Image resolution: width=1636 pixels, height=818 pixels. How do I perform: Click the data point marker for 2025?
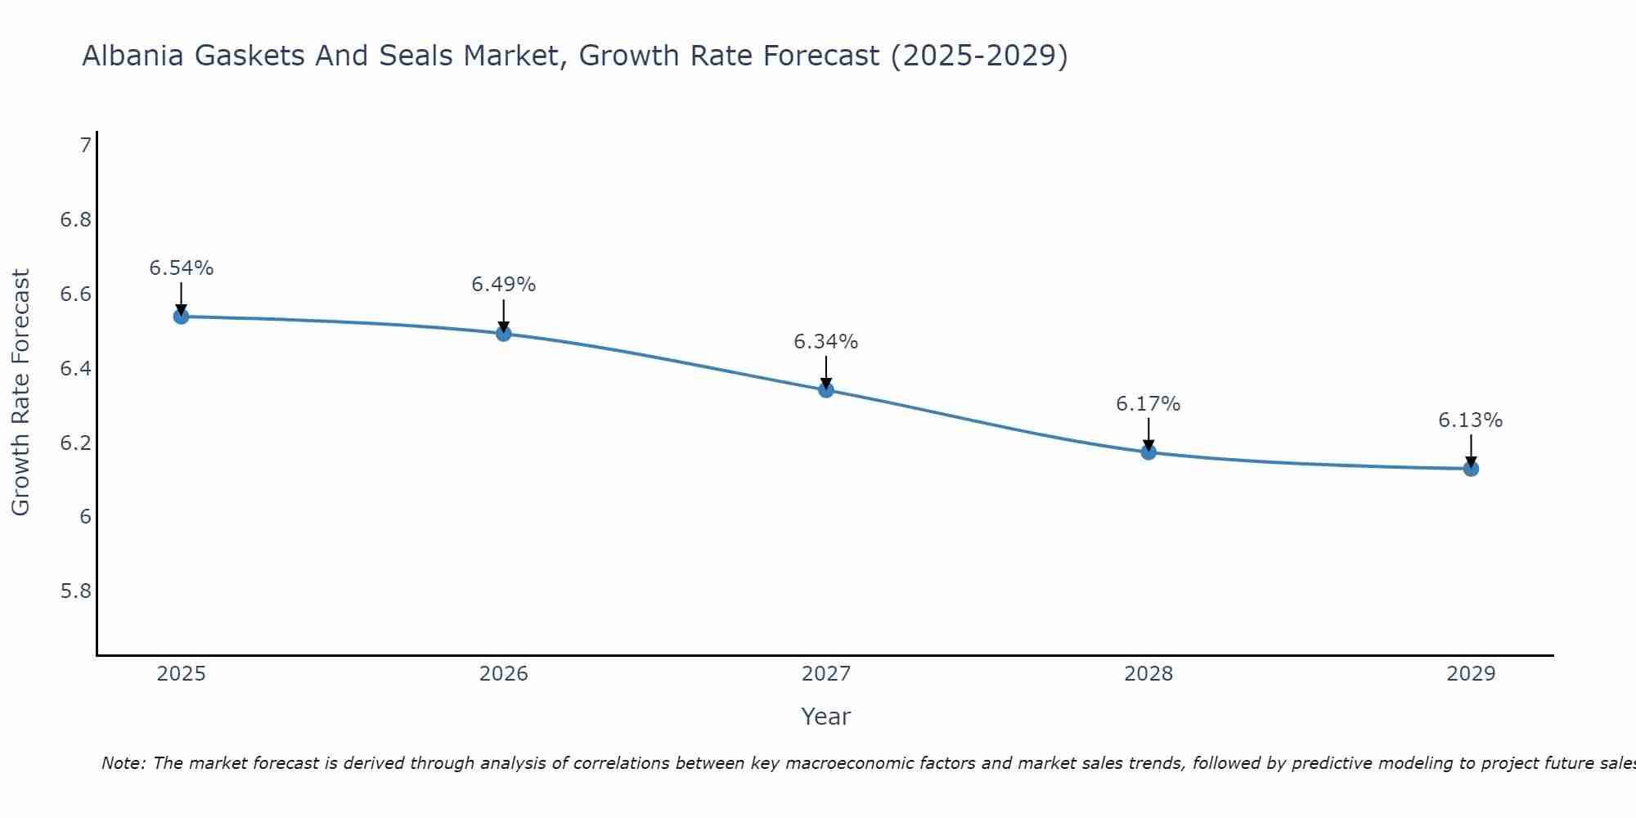181,317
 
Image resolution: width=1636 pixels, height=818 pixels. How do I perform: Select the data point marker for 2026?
503,334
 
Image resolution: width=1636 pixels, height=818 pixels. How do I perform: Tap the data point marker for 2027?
825,390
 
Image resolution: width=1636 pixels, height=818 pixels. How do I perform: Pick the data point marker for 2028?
1148,452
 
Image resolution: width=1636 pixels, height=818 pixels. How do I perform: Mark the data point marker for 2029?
1470,469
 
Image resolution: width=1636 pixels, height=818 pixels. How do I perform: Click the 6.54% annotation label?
181,268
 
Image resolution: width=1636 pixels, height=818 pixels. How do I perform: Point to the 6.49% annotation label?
503,285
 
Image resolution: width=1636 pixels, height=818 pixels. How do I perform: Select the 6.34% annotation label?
825,342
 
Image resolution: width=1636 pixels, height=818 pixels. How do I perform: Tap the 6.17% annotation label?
1148,404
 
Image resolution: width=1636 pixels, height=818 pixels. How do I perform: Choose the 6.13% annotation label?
1470,420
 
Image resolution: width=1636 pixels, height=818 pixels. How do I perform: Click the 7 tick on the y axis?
85,146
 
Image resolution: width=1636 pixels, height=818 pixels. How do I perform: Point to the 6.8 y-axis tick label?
75,220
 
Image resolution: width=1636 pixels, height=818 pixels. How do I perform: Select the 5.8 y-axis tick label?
75,591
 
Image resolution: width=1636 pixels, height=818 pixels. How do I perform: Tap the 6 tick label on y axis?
85,517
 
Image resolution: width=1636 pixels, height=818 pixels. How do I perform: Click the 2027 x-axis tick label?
825,674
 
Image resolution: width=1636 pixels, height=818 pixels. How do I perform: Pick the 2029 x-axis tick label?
1470,674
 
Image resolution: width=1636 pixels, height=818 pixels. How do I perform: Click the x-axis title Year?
825,717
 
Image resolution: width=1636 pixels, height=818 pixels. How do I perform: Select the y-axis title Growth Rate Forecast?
20,393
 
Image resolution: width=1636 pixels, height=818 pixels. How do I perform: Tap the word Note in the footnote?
123,763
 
